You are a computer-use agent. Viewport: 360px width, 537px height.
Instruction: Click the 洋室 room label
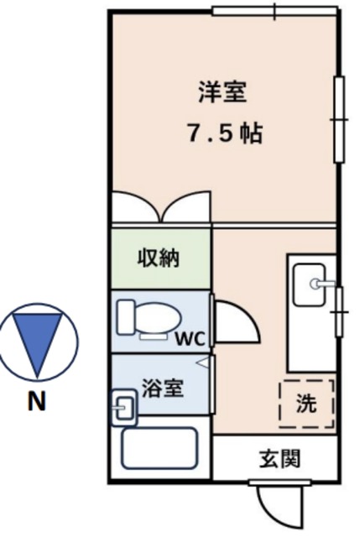223,92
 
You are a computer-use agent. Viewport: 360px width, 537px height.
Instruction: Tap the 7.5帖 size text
223,133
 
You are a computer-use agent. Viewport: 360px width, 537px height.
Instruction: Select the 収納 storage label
159,258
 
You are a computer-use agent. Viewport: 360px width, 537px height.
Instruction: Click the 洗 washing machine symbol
306,404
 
